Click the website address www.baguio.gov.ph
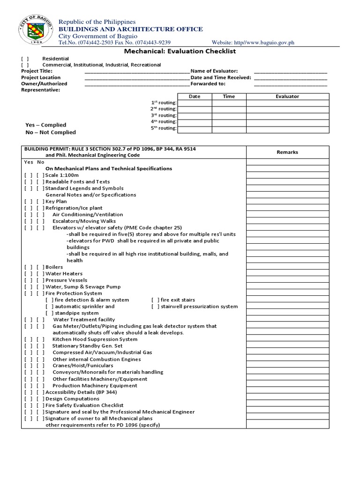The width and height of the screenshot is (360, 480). tap(254, 43)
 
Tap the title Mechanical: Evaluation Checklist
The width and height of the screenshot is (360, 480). tap(180, 51)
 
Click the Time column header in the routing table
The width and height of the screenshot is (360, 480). tap(229, 96)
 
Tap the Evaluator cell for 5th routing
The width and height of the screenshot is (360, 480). tap(287, 129)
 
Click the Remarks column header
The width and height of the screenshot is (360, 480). tap(287, 152)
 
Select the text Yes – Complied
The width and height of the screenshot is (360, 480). tap(45, 125)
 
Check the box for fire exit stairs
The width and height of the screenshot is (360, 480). tap(155, 300)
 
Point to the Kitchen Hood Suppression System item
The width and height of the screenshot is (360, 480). tap(95, 339)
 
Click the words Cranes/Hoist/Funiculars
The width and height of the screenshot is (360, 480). tap(82, 365)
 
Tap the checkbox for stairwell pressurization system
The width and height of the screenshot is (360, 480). tap(155, 306)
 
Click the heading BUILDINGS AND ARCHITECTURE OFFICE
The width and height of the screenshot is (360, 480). tap(130, 29)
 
